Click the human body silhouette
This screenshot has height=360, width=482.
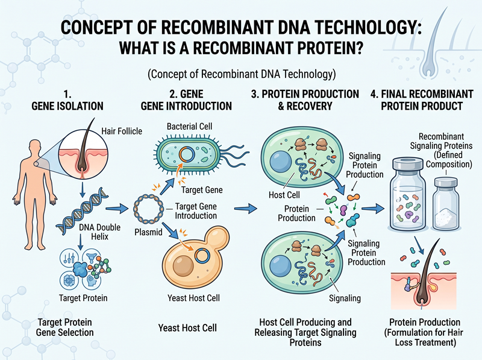pyautogui.click(x=34, y=191)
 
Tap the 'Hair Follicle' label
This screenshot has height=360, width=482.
pyautogui.click(x=122, y=131)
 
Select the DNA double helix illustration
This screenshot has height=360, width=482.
pyautogui.click(x=82, y=212)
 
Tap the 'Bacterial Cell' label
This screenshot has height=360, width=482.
pyautogui.click(x=189, y=126)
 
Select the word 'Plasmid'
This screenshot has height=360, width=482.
pyautogui.click(x=148, y=232)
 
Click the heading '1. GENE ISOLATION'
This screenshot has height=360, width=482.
pyautogui.click(x=67, y=100)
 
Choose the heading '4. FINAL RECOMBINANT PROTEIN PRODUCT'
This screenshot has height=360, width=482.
pyautogui.click(x=422, y=100)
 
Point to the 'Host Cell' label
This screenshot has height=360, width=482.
pyautogui.click(x=284, y=195)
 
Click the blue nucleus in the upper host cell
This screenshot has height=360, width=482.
pyautogui.click(x=280, y=162)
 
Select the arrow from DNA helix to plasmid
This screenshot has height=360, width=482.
pyautogui.click(x=117, y=209)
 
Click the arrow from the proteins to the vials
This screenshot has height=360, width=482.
pyautogui.click(x=373, y=209)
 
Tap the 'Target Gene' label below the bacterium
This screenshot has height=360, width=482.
pyautogui.click(x=202, y=190)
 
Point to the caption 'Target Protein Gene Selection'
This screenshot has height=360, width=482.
pyautogui.click(x=65, y=327)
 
